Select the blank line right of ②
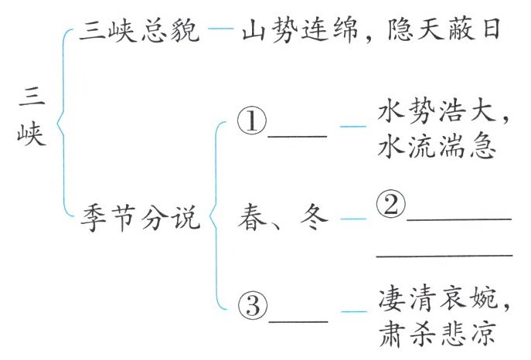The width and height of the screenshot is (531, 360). [459, 220]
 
